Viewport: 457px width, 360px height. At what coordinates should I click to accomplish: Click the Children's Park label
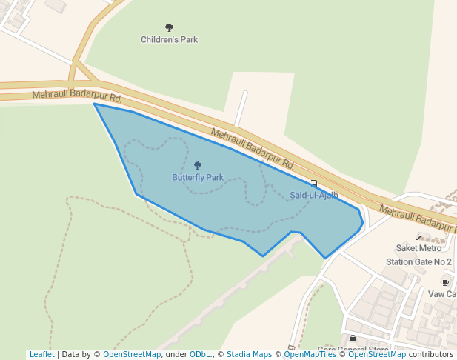169,39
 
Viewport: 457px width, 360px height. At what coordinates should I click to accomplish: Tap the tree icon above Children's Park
169,28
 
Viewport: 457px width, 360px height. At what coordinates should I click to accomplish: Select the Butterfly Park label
198,177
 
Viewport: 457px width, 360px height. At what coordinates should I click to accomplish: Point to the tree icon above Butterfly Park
197,166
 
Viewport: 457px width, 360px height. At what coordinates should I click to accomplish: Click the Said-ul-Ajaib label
314,195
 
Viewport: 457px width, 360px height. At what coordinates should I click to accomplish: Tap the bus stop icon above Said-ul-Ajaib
314,184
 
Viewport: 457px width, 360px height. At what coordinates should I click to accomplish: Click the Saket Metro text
418,248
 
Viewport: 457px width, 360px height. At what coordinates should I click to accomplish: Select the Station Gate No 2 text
418,261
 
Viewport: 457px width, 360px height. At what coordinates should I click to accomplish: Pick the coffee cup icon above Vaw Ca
445,282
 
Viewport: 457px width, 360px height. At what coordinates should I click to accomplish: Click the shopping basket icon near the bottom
353,339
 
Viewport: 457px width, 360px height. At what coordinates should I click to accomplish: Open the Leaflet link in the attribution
41,354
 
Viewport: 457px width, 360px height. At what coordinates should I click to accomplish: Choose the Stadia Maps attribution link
249,354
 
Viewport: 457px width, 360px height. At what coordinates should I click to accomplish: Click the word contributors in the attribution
430,354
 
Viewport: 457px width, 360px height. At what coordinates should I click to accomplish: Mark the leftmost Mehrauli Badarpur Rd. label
76,96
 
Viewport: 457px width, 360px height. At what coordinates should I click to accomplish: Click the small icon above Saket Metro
420,237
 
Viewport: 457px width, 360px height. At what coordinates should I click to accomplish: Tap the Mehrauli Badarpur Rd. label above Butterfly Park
253,148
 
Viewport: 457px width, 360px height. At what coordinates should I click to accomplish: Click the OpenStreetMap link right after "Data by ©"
132,354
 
